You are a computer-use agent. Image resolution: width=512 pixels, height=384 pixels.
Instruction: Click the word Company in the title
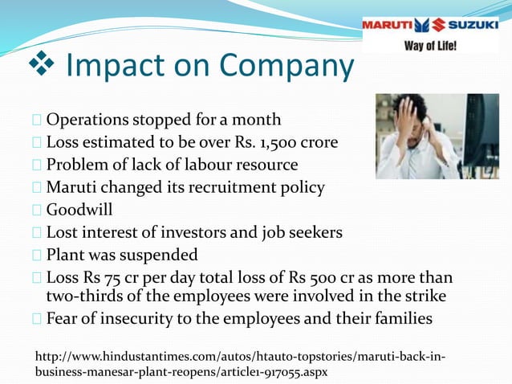(x=286, y=67)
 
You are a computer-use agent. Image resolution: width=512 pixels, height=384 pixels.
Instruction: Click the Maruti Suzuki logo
(x=430, y=25)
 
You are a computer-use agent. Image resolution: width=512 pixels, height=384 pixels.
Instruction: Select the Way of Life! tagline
(x=430, y=45)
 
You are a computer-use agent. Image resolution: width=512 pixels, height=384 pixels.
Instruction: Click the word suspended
(x=159, y=255)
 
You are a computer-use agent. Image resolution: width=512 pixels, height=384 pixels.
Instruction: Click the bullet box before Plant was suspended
(x=39, y=255)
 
